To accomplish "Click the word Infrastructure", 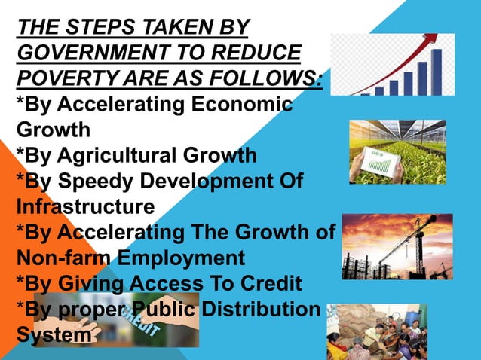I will coord(85,206).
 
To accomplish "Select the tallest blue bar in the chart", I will coord(436,72).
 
